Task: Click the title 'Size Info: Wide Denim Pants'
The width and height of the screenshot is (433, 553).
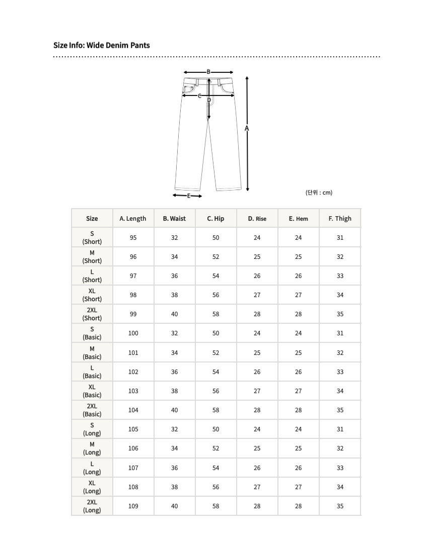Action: coord(102,45)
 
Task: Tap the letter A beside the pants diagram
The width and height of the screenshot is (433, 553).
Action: coord(247,129)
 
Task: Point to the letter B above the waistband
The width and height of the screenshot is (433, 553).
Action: coord(208,72)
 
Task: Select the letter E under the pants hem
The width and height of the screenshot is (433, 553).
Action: coord(189,196)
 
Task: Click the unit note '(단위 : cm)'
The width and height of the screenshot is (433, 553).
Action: coord(319,193)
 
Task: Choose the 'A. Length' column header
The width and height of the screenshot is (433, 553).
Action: coord(133,219)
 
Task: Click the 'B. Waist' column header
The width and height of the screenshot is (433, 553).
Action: coord(174,219)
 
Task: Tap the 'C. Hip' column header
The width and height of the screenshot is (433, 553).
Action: coord(215,219)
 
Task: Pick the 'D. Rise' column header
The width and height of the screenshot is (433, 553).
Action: coord(257,219)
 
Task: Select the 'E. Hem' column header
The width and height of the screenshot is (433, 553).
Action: coord(298,219)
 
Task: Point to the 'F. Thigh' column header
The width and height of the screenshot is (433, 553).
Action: coord(340,219)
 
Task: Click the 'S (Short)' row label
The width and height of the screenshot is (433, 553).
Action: coord(92,238)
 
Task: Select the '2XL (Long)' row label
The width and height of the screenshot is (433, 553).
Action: coord(92,506)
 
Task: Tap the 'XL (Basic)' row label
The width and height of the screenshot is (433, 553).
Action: coord(92,391)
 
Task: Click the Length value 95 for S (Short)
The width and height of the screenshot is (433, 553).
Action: coord(133,238)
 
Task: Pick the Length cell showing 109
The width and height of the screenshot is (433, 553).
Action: coord(133,506)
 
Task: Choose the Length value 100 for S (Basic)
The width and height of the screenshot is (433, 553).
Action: coord(133,333)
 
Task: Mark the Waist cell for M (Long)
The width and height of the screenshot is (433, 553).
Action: coord(174,448)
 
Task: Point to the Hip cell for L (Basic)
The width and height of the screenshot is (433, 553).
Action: coord(215,372)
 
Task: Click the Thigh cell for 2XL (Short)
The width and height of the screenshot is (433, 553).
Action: coord(340,314)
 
